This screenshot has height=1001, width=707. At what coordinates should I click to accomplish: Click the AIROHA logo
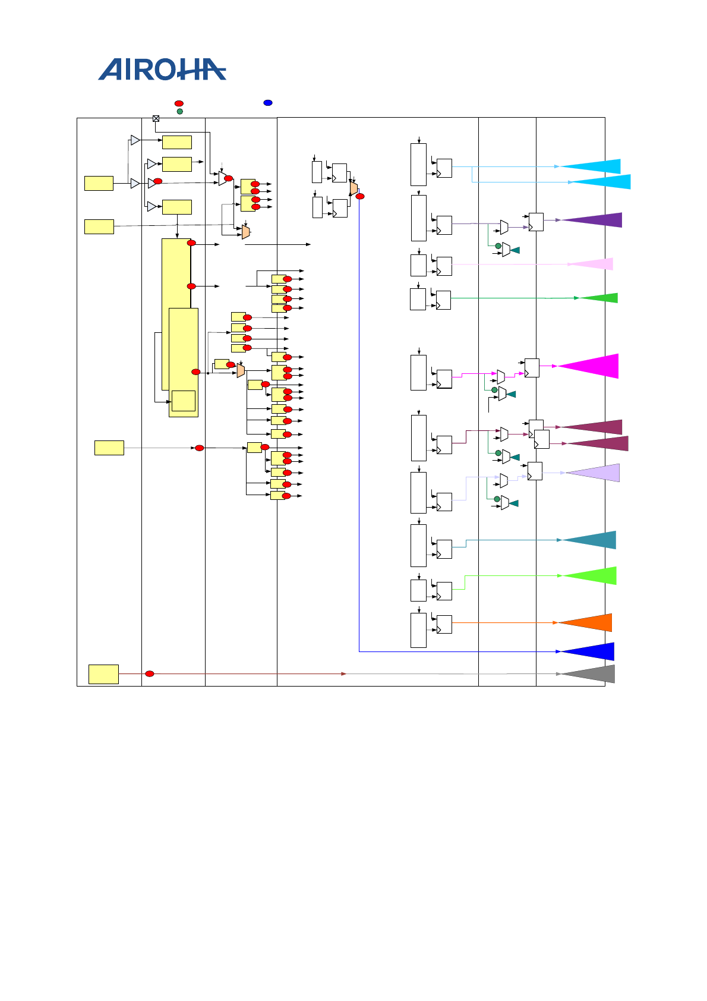pos(162,70)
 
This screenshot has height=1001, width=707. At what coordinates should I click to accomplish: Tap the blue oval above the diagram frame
pos(268,103)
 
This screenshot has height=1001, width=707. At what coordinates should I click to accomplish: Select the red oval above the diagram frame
pos(179,103)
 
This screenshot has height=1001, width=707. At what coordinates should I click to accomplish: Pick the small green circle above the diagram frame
pos(179,111)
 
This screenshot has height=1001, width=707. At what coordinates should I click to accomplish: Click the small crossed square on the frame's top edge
pos(156,118)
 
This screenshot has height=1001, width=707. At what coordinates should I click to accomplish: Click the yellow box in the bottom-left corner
pos(103,674)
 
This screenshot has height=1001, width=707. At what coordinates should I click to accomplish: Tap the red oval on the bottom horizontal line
pos(150,673)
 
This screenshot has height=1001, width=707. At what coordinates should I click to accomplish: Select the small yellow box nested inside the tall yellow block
pos(184,401)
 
